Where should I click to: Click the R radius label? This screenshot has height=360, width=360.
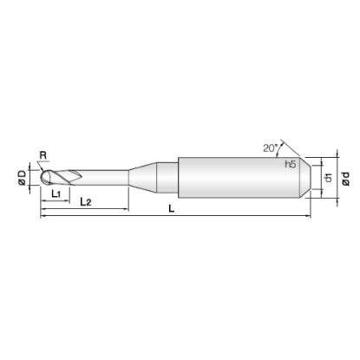43,155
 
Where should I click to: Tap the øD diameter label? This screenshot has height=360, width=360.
23,178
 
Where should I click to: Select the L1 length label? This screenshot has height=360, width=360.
56,194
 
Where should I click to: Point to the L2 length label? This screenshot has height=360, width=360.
86,202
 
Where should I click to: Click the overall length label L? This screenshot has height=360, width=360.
172,209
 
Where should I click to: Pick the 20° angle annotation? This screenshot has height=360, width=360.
270,147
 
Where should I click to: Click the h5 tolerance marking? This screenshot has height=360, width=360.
291,164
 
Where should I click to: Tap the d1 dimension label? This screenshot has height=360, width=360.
328,178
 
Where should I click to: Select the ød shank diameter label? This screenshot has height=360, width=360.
345,179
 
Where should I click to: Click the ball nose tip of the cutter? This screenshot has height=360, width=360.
44,178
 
